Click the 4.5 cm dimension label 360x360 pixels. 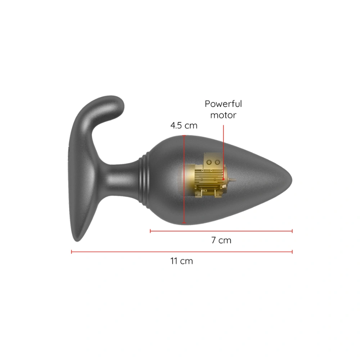coord(184,126)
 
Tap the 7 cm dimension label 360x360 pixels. coord(221,240)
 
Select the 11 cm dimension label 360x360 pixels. coord(181,261)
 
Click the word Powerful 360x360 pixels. coord(223,104)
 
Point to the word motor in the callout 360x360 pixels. coord(223,115)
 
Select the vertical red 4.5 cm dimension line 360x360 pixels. coord(184,180)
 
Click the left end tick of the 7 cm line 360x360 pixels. coord(150,231)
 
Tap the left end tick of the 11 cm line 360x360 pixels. coord(72,252)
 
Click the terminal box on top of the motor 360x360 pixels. coord(212,161)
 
